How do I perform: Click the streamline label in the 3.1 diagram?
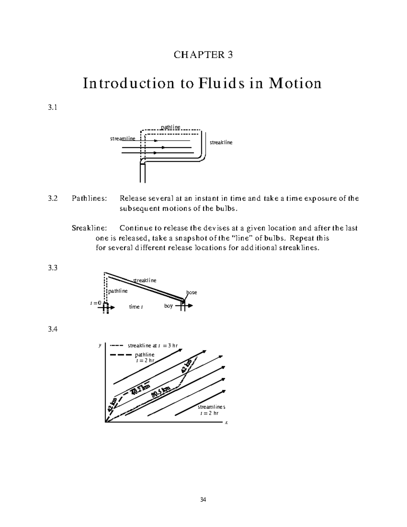pos(122,138)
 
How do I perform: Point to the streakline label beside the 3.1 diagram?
pos(221,143)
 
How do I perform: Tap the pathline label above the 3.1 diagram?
pos(170,127)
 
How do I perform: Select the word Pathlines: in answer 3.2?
pos(89,199)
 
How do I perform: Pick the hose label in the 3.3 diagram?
pos(192,293)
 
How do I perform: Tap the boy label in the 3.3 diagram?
pos(169,306)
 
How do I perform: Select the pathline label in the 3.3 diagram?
pos(118,291)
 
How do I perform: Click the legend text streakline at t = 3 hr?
pos(153,346)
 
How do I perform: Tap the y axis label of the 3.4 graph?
pos(100,345)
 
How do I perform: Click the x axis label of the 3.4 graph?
pos(226,423)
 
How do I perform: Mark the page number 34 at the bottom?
pos(203,500)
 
